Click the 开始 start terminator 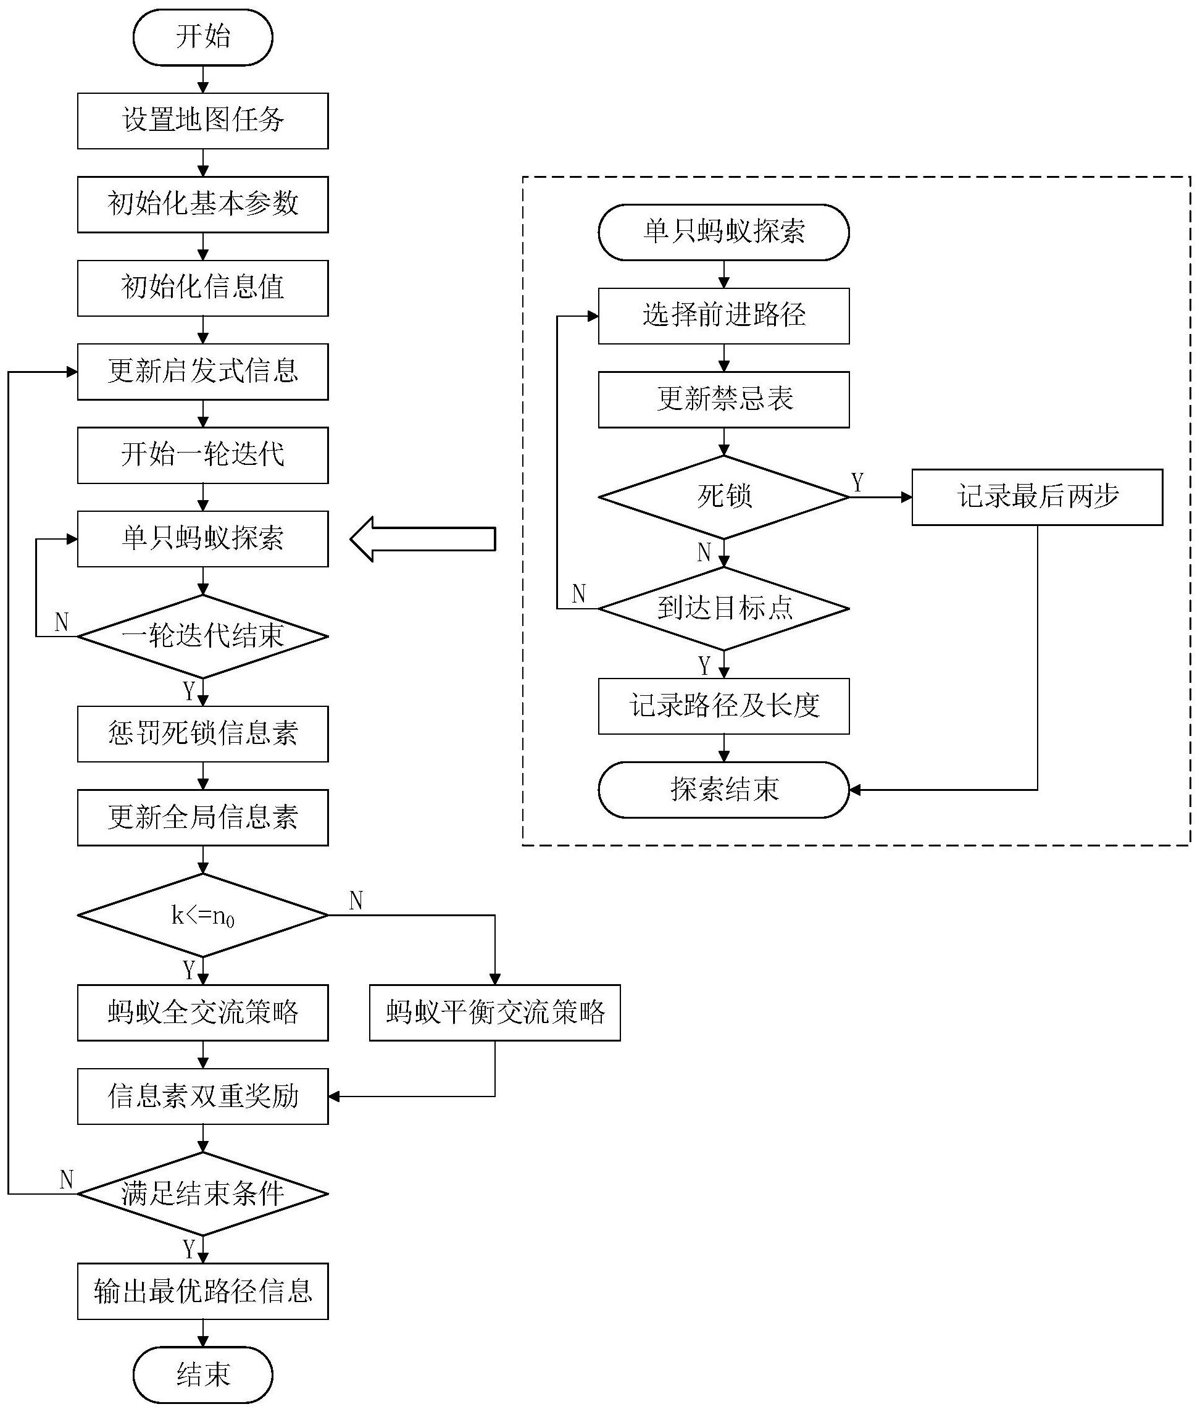coord(202,38)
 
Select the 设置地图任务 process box coord(202,121)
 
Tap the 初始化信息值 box coord(202,288)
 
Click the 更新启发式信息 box coord(202,372)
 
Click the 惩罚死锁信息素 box coord(202,733)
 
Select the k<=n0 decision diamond coord(202,915)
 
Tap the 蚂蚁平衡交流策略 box coord(494,1013)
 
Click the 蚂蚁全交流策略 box coord(202,1013)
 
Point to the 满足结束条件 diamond coord(202,1193)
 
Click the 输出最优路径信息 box coord(202,1291)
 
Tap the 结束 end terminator coord(202,1374)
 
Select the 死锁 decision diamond coord(724,497)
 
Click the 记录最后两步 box coord(1037,497)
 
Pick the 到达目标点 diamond coord(724,608)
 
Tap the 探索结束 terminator coord(724,790)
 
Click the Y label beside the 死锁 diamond coord(858,482)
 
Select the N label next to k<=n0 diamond coord(356,900)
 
